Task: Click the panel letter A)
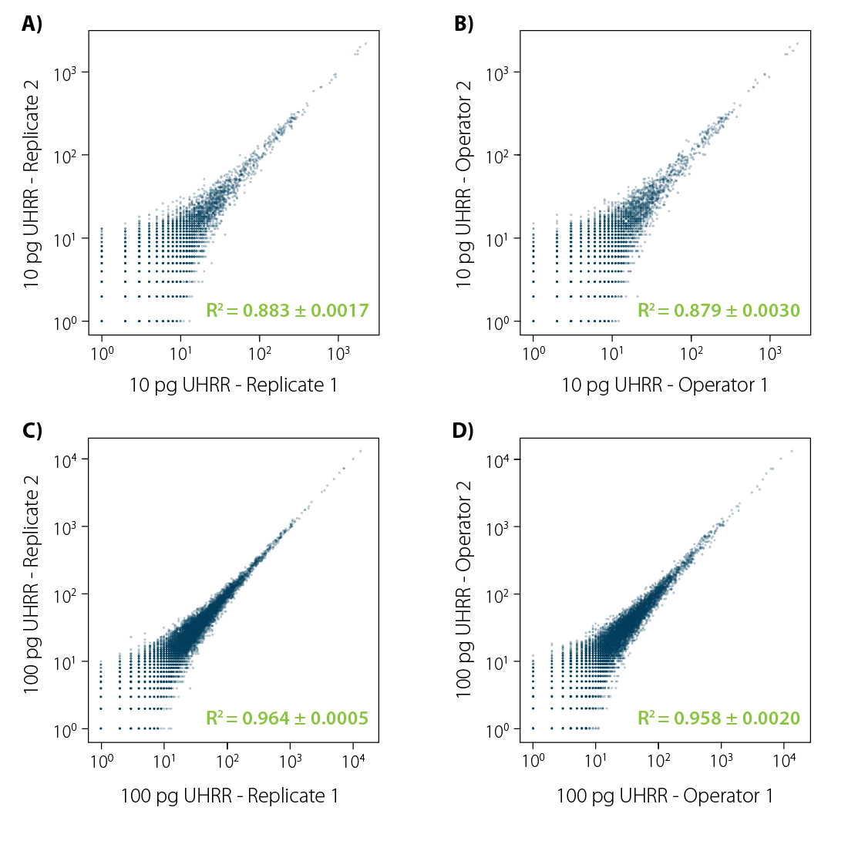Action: (x=32, y=25)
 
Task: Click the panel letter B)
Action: (x=463, y=25)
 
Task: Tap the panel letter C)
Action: (x=32, y=432)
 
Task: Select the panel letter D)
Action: (x=463, y=432)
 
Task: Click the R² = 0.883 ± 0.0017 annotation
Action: (x=288, y=311)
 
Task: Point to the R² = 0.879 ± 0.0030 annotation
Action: (x=718, y=311)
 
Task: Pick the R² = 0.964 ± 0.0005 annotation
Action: (x=288, y=718)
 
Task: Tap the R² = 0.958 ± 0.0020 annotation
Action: (x=718, y=718)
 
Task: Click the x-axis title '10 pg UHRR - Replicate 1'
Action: (x=233, y=385)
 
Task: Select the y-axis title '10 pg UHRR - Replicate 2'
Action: (x=32, y=185)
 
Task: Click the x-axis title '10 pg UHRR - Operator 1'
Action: (x=665, y=385)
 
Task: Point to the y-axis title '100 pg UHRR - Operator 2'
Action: (x=463, y=594)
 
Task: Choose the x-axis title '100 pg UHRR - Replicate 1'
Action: (x=230, y=796)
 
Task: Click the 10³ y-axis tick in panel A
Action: (x=67, y=72)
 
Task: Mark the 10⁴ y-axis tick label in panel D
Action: (x=499, y=460)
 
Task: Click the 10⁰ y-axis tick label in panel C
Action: (x=67, y=728)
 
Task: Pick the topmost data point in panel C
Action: (x=360, y=451)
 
